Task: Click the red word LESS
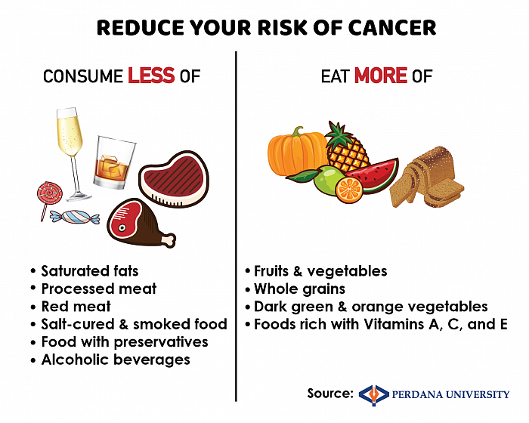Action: (151, 76)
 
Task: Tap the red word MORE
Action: (381, 76)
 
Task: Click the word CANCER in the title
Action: (392, 28)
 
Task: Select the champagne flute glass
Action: (72, 154)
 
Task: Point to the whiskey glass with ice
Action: (114, 162)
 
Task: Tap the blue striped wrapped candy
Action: (75, 217)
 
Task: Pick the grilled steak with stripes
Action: (174, 179)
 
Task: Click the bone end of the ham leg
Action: (169, 240)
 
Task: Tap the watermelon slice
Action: (375, 175)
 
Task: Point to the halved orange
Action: (349, 190)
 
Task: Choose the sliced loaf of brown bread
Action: (427, 177)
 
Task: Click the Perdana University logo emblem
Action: (373, 394)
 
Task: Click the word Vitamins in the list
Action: (394, 324)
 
